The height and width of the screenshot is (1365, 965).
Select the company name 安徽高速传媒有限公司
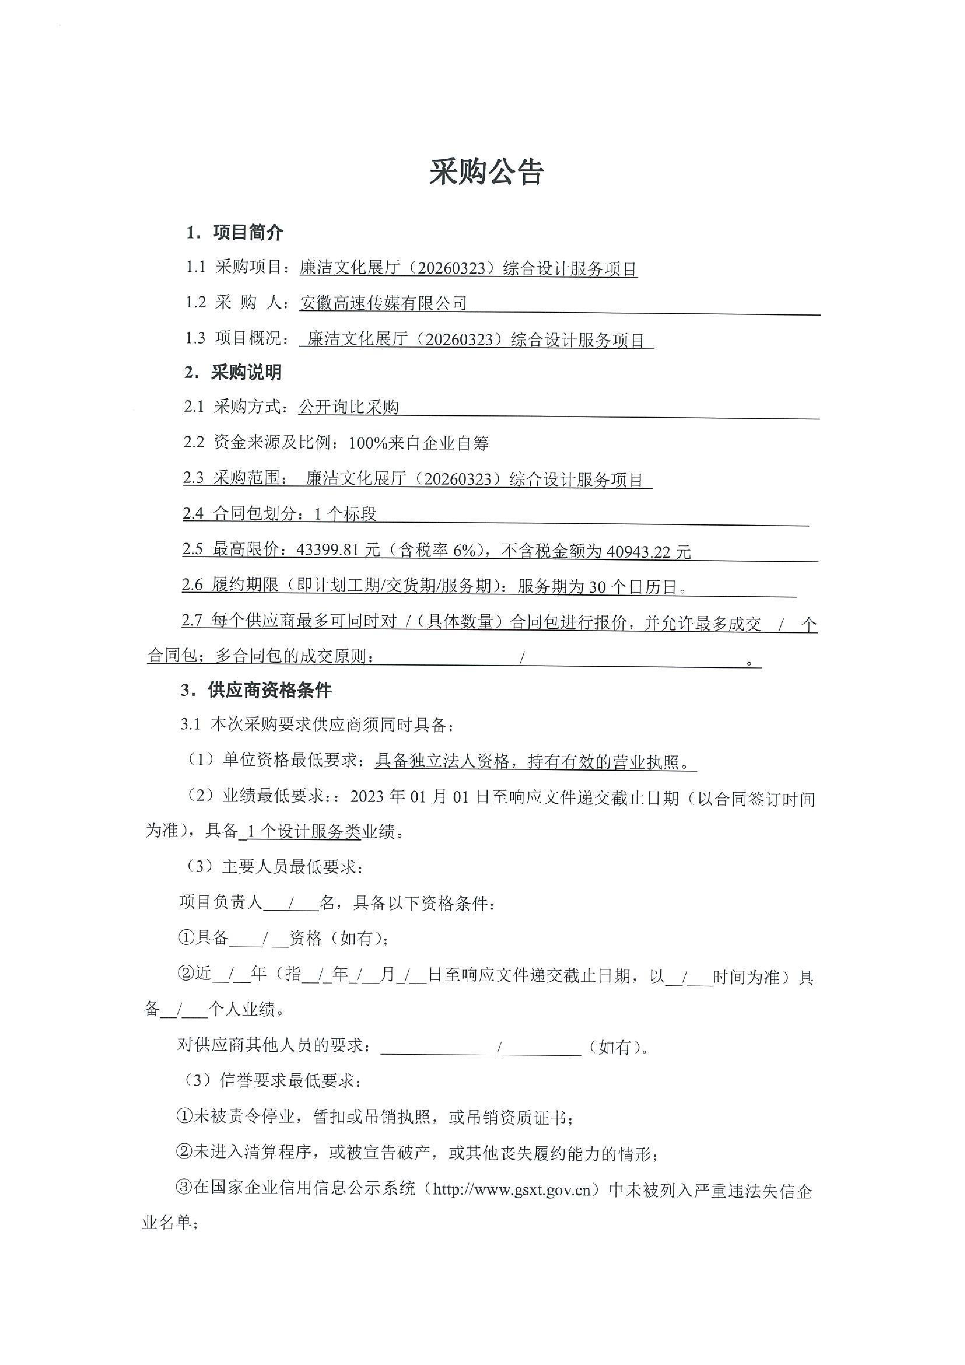tap(383, 303)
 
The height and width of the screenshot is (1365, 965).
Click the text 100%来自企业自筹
tap(419, 443)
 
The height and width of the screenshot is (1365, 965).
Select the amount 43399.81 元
tap(338, 551)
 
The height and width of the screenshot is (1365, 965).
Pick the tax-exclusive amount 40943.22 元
tap(648, 552)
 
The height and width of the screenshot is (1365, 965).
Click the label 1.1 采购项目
tap(233, 267)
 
